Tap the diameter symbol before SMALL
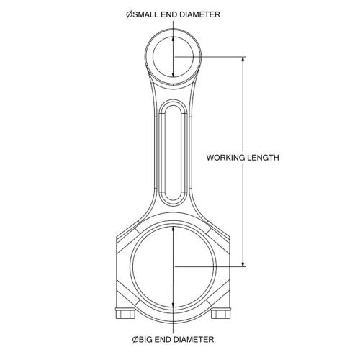point(130,14)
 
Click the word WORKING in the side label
point(225,158)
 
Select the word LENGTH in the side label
point(263,158)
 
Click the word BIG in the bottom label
point(145,340)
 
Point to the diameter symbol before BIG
point(135,340)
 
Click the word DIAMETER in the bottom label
point(194,340)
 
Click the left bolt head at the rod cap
point(125,315)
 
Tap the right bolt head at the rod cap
point(221,315)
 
